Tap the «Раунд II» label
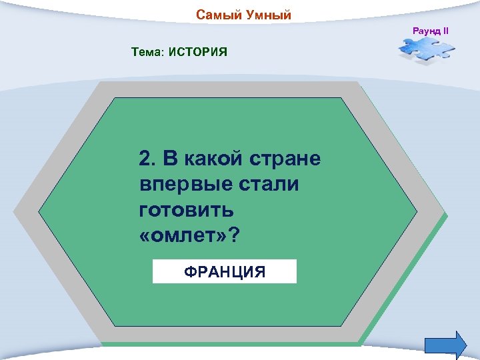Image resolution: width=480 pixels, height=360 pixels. click(431, 31)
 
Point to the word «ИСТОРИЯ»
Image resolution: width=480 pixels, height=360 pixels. click(199, 51)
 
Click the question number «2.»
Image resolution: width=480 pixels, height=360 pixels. click(147, 159)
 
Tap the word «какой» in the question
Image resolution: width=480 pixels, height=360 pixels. click(214, 159)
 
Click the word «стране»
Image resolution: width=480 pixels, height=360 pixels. click(287, 159)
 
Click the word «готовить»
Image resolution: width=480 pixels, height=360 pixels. click(187, 211)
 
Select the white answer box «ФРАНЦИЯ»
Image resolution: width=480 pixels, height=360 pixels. click(224, 272)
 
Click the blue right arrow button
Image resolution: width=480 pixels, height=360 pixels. click(445, 344)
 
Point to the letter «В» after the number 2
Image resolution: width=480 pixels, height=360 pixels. click(171, 159)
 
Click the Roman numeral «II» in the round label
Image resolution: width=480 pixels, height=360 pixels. click(445, 31)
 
